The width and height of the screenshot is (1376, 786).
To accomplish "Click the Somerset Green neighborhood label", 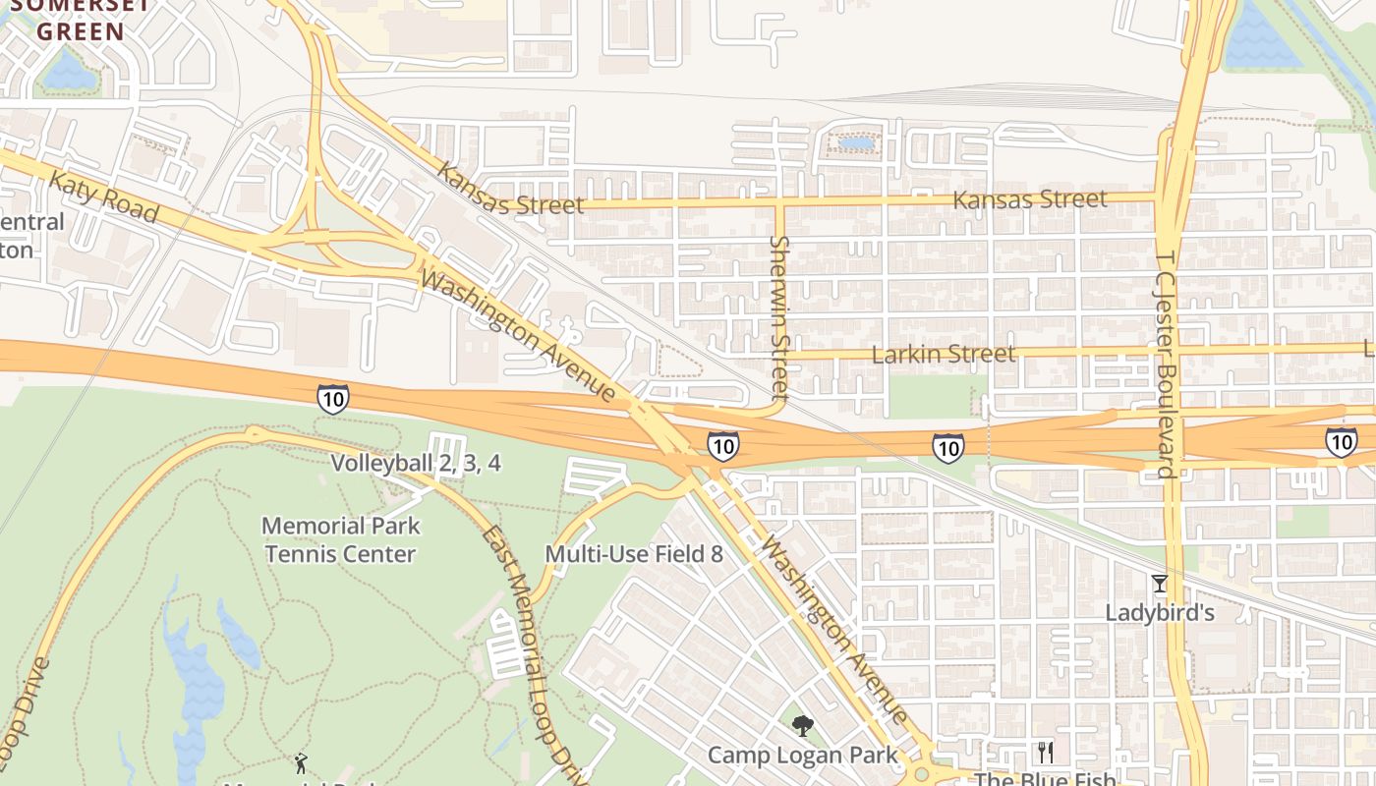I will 81,20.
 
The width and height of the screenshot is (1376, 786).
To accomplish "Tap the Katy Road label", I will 102,196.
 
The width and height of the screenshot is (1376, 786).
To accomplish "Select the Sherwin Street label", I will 780,316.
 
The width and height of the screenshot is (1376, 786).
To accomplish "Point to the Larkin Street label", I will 944,354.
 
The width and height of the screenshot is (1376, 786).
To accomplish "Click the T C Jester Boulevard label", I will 1166,364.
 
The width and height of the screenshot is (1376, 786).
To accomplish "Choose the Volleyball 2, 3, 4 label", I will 416,463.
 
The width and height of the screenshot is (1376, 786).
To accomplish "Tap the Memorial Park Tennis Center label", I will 340,539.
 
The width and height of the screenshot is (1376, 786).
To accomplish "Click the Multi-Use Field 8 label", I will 634,554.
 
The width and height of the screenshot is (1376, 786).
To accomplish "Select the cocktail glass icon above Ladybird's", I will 1160,584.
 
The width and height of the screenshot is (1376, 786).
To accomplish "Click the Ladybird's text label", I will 1160,613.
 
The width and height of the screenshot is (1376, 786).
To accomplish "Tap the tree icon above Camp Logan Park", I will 803,727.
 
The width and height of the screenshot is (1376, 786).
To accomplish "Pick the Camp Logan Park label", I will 803,755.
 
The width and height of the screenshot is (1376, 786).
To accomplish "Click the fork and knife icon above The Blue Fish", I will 1045,753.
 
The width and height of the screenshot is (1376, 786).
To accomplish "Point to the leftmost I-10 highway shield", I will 332,398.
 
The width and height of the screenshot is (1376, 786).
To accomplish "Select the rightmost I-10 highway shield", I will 1341,441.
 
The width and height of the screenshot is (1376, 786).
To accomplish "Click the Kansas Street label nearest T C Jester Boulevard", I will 1030,199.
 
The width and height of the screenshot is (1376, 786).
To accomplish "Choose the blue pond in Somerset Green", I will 68,71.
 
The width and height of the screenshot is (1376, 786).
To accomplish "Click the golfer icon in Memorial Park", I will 301,762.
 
